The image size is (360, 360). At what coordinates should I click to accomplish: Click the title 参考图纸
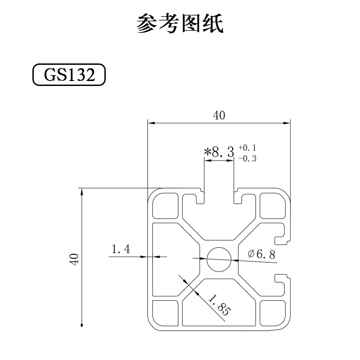[x=180, y=23]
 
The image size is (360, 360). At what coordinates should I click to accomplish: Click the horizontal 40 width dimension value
[x=219, y=116]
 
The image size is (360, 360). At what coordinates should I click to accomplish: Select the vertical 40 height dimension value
[x=74, y=259]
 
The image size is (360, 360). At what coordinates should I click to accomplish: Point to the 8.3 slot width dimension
[x=223, y=152]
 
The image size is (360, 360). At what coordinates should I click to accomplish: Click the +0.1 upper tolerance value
[x=247, y=148]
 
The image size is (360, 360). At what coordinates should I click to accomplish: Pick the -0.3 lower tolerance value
[x=247, y=158]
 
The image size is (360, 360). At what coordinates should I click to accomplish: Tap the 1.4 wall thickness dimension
[x=121, y=249]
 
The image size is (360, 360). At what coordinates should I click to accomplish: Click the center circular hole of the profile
[x=219, y=259]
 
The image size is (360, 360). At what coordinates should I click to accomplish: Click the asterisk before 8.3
[x=207, y=152]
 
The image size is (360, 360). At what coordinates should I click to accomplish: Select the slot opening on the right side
[x=287, y=259]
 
